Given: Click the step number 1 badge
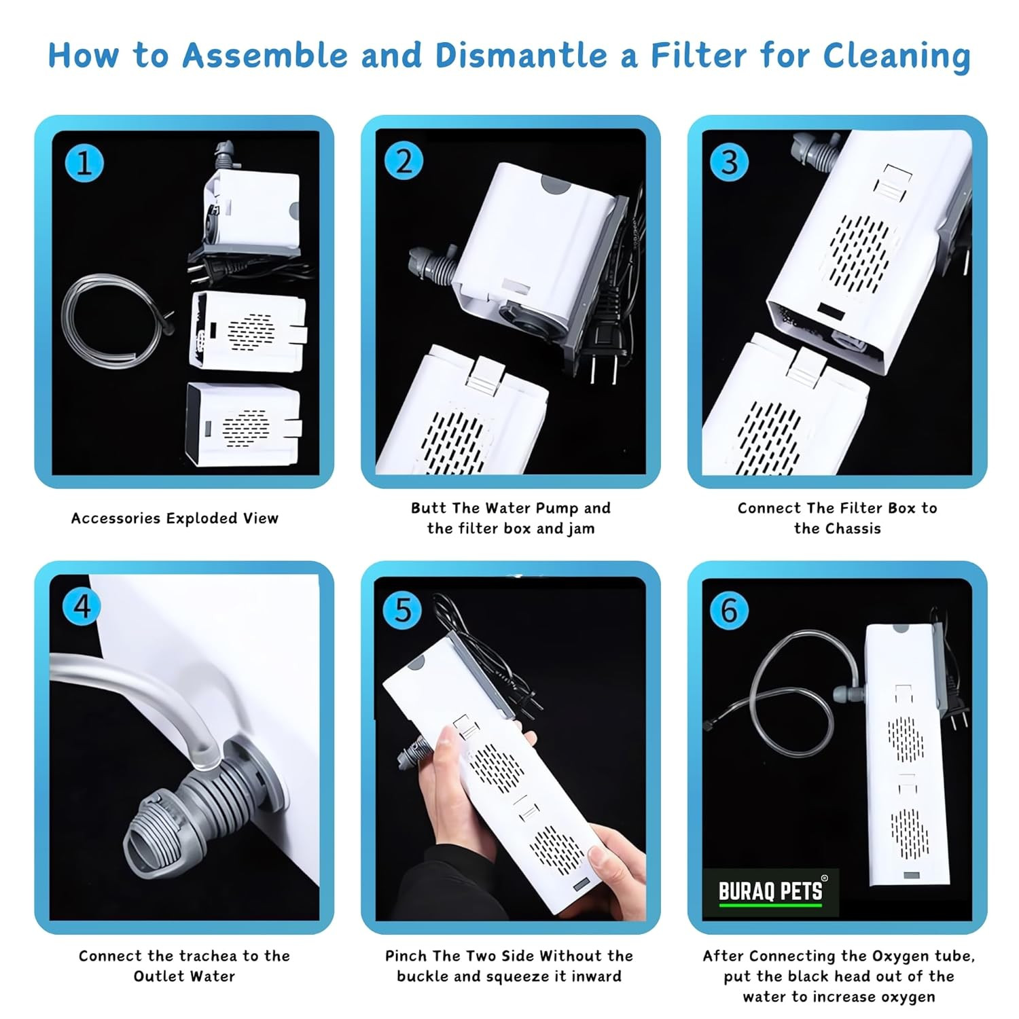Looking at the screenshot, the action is pyautogui.click(x=84, y=164).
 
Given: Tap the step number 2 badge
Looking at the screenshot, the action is pyautogui.click(x=404, y=162).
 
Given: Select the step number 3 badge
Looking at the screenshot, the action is pyautogui.click(x=729, y=162).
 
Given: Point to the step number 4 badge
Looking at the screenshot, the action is pyautogui.click(x=82, y=606).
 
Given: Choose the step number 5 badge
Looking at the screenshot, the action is pyautogui.click(x=404, y=609).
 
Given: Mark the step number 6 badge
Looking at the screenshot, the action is pyautogui.click(x=729, y=609).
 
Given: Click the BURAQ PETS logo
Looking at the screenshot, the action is pyautogui.click(x=770, y=892).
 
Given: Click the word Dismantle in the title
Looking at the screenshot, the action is pyautogui.click(x=521, y=55).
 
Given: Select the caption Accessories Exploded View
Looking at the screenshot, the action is pyautogui.click(x=175, y=518).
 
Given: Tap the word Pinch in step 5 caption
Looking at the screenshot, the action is pyautogui.click(x=406, y=956).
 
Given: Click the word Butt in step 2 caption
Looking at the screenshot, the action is pyautogui.click(x=428, y=508).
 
